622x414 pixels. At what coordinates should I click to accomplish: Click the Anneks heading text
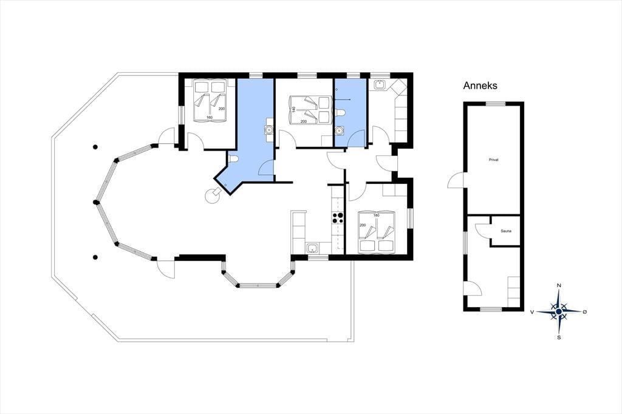pyautogui.click(x=480, y=86)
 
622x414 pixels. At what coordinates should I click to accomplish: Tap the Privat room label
pyautogui.click(x=493, y=160)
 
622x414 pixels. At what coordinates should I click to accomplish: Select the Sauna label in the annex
pyautogui.click(x=506, y=231)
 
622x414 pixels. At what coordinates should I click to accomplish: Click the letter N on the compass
pyautogui.click(x=559, y=285)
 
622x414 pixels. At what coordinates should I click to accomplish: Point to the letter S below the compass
pyautogui.click(x=559, y=338)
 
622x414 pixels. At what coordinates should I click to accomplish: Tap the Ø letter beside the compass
pyautogui.click(x=584, y=311)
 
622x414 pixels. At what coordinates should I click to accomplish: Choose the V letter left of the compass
pyautogui.click(x=531, y=312)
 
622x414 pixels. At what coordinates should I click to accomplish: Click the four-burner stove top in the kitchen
pyautogui.click(x=338, y=218)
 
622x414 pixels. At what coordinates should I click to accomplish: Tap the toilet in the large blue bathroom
pyautogui.click(x=234, y=159)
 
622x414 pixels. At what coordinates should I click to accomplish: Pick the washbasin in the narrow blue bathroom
pyautogui.click(x=339, y=130)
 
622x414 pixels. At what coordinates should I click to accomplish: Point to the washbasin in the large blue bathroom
pyautogui.click(x=269, y=129)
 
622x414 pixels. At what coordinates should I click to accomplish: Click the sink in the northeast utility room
pyautogui.click(x=380, y=84)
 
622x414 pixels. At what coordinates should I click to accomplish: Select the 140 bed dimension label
pyautogui.click(x=293, y=109)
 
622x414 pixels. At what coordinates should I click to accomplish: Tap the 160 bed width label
pyautogui.click(x=209, y=117)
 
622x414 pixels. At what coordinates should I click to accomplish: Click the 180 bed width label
pyautogui.click(x=377, y=215)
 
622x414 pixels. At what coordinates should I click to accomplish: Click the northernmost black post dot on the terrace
pyautogui.click(x=95, y=147)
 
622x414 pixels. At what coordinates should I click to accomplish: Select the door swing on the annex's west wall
pyautogui.click(x=455, y=180)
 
